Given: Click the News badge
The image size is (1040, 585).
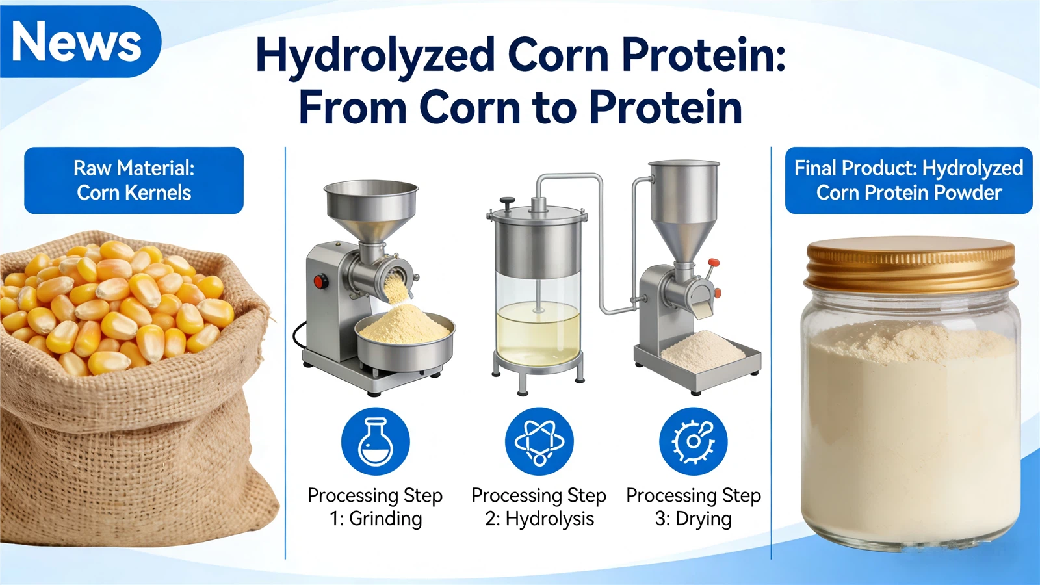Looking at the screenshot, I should click(77, 42).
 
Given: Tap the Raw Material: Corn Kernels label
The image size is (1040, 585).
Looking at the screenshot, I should click(134, 180).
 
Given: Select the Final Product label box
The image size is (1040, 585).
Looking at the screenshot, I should click(908, 180).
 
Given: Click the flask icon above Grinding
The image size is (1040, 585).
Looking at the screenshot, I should click(376, 441).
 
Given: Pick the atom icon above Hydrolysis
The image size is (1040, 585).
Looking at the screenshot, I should click(539, 441).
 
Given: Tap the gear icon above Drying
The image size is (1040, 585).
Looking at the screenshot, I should click(693, 441).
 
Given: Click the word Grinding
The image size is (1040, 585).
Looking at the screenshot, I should click(385, 519).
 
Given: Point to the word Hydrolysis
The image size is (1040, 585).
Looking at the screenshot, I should click(549, 519).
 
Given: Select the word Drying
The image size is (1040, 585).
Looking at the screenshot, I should click(703, 519).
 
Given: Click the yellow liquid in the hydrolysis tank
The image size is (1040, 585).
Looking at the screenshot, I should click(538, 331).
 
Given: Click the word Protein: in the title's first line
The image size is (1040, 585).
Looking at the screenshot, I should click(703, 56).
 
